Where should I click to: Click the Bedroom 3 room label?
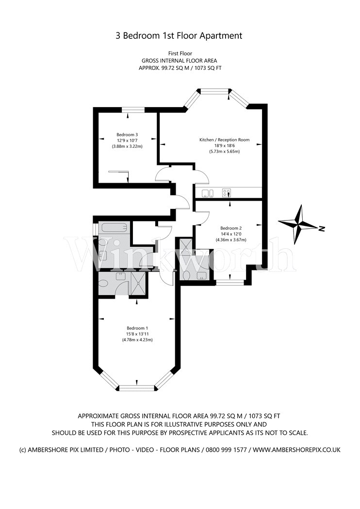127,134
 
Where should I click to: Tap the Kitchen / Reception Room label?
224,140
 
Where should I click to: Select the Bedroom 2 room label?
230,228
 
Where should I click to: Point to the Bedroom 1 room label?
137,328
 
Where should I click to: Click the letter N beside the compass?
322,229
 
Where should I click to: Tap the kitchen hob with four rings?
227,193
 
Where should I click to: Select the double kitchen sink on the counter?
207,193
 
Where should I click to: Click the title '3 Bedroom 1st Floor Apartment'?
179,35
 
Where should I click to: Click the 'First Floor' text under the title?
180,53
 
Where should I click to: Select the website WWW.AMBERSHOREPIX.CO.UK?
296,450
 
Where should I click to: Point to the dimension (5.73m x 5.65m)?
224,151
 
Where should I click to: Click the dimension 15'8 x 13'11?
137,334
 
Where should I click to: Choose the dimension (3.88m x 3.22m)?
127,146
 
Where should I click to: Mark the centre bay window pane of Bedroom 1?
137,387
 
